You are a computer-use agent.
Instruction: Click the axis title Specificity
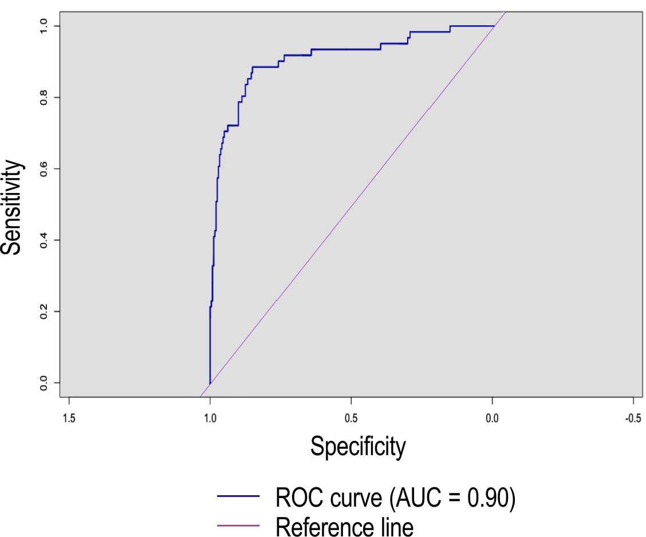click(358, 446)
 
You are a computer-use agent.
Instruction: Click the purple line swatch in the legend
click(238, 525)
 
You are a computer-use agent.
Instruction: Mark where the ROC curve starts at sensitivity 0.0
click(210, 382)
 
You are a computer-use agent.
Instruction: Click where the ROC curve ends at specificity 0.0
click(493, 26)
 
